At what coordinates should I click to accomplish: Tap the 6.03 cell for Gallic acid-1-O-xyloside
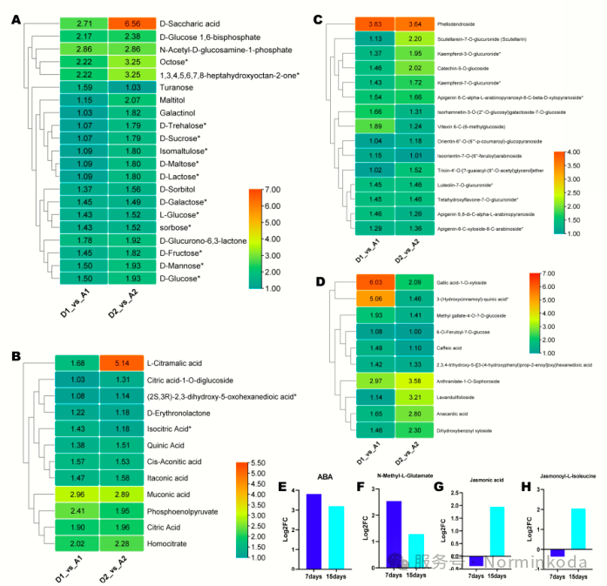pos(374,281)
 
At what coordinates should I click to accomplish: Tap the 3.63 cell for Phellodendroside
pos(374,24)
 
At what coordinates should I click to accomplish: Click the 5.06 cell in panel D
pos(374,298)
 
